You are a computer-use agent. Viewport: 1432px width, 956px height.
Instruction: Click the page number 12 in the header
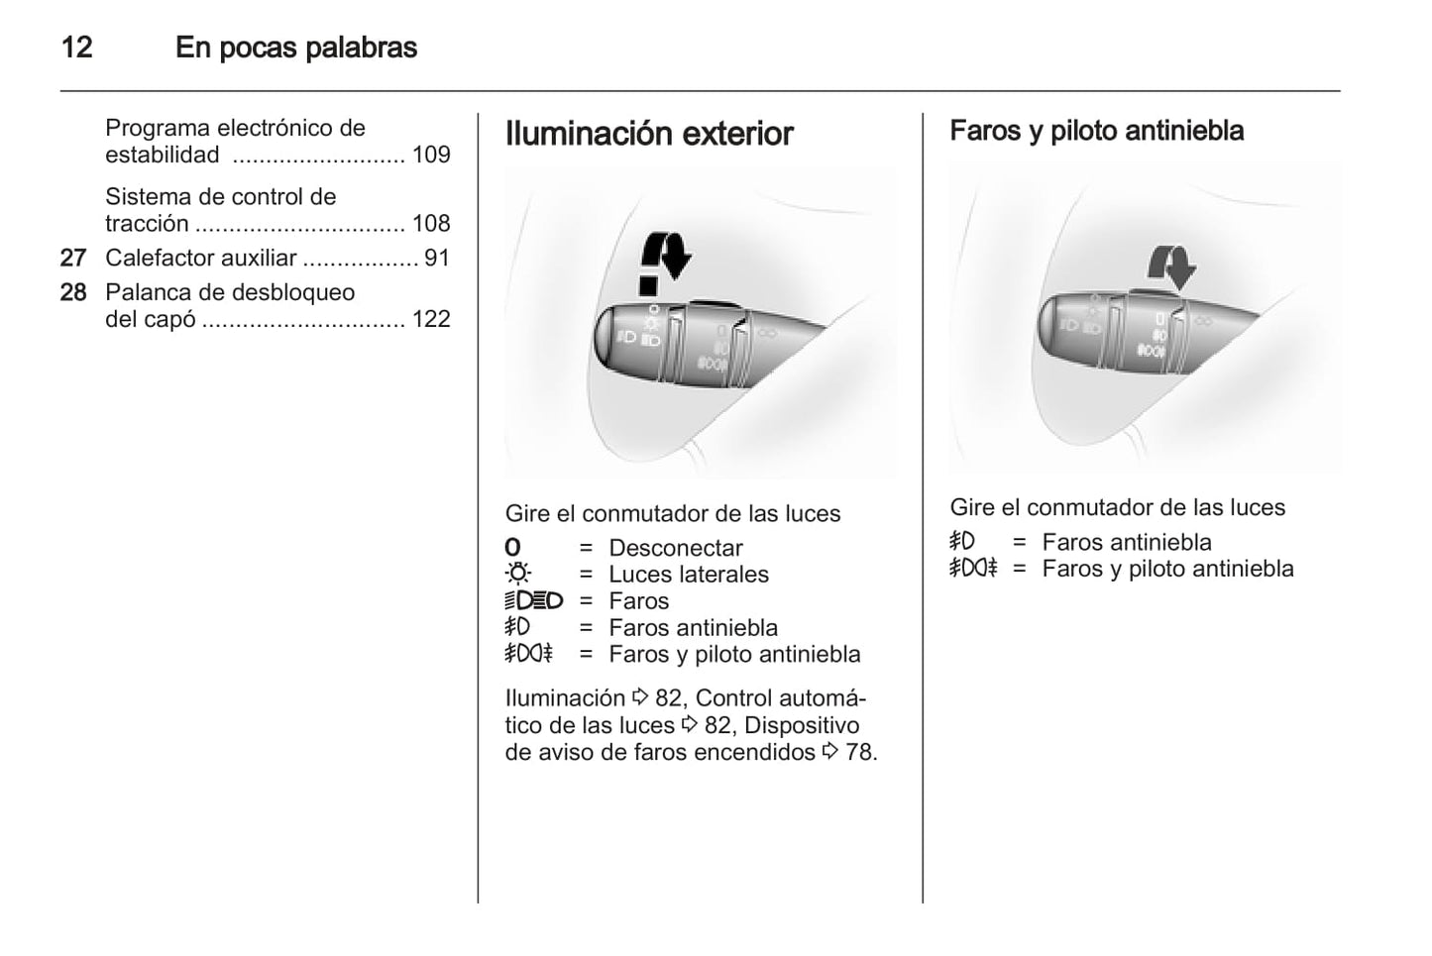point(76,48)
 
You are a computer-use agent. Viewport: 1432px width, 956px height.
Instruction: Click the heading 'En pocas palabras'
point(296,48)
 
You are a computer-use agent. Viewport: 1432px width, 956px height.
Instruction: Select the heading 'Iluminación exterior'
point(649,134)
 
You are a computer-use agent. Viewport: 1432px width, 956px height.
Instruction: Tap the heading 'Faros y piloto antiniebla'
point(1096,131)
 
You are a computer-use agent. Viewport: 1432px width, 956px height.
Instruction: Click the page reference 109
point(431,155)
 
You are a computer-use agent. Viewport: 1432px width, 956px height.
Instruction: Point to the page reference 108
point(431,223)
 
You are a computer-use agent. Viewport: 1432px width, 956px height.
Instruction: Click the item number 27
point(73,258)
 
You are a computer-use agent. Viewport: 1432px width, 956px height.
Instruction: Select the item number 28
point(73,292)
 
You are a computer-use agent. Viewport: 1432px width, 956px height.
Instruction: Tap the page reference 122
point(431,319)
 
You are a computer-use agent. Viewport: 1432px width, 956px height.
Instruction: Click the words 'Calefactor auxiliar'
point(201,258)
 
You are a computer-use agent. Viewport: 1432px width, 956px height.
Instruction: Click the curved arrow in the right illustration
point(1172,267)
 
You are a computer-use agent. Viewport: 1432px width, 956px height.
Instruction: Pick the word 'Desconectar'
point(676,548)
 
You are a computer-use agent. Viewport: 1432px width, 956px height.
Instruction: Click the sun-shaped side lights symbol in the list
point(518,574)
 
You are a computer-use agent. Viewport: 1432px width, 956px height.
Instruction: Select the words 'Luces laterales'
point(689,575)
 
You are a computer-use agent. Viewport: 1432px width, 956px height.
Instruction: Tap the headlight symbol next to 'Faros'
point(534,600)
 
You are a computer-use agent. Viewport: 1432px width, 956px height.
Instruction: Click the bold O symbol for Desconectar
point(512,547)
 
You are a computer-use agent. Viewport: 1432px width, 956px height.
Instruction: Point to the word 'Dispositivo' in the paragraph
point(802,725)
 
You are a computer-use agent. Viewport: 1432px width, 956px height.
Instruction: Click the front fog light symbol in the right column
point(961,541)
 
